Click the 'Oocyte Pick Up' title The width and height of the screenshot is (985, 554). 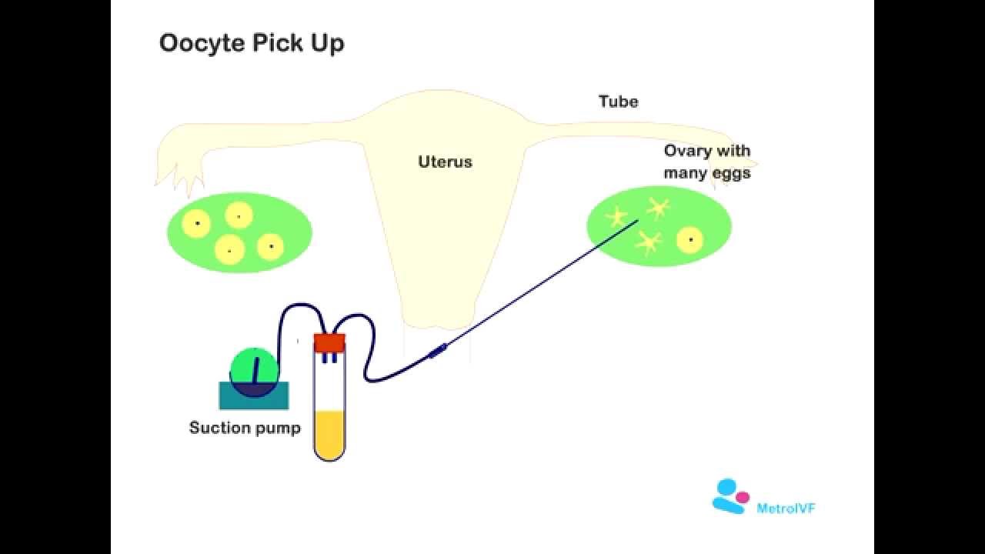point(252,43)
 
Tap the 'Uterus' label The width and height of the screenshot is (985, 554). point(445,162)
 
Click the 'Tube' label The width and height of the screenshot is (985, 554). point(618,102)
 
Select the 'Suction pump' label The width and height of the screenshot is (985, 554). point(245,428)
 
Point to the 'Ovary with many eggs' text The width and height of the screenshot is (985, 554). point(706,162)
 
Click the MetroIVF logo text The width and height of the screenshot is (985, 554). point(785,508)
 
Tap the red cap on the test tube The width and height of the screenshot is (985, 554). point(329,342)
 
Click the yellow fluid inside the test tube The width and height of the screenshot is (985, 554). point(329,435)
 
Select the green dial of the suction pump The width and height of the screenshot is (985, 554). point(255,365)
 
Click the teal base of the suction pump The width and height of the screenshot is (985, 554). point(254,397)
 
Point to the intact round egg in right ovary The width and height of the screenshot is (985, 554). point(690,240)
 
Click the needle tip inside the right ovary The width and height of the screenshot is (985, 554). point(637,222)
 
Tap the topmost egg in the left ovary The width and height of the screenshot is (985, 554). point(239,215)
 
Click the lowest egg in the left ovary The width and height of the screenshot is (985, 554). point(229,250)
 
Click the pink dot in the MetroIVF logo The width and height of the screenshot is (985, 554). point(742,498)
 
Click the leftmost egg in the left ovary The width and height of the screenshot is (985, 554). point(196,223)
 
